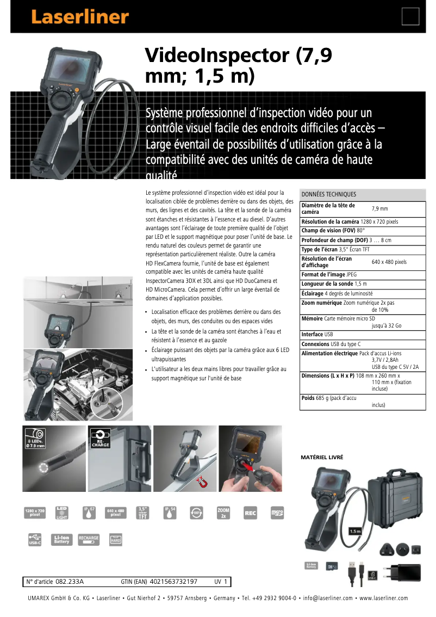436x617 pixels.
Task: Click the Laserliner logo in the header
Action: coord(80,17)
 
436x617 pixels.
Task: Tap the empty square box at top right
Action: coord(410,16)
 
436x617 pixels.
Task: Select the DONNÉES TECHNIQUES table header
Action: coord(329,194)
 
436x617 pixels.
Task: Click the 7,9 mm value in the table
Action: coord(379,208)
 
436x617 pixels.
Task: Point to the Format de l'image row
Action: coord(329,275)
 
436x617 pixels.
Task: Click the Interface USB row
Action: coord(317,335)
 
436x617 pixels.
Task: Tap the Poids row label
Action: coord(308,398)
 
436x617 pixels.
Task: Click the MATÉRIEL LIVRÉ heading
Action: coord(322,458)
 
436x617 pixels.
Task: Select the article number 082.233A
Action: coord(70,582)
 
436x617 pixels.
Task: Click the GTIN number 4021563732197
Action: coord(173,582)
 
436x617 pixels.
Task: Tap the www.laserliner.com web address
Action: coord(383,599)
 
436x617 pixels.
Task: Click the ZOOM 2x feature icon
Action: coord(223,513)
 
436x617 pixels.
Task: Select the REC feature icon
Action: coord(250,513)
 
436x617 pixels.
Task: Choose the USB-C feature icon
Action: coord(35,539)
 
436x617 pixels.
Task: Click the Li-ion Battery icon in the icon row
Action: coord(62,539)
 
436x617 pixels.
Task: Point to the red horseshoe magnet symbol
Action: coord(203,480)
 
